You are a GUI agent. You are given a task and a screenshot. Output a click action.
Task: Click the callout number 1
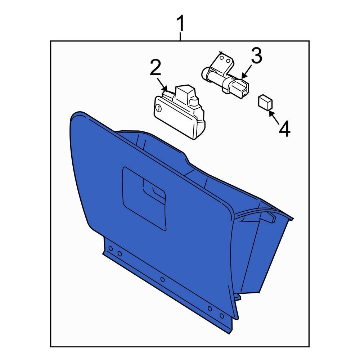tap(180, 24)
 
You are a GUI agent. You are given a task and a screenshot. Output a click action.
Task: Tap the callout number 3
tap(256, 57)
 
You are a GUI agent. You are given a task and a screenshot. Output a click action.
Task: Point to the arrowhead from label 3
tap(243, 76)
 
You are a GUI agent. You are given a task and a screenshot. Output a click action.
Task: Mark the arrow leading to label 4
tap(271, 112)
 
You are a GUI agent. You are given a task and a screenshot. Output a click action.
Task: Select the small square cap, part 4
tap(265, 102)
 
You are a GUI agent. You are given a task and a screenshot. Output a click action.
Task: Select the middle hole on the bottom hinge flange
tap(162, 279)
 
